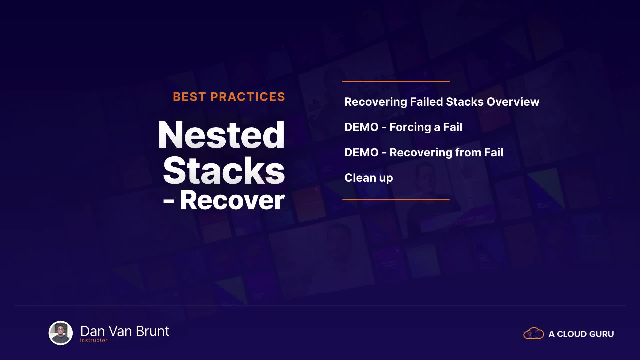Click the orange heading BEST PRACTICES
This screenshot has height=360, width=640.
pyautogui.click(x=229, y=97)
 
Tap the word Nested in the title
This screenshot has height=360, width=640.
pyautogui.click(x=221, y=135)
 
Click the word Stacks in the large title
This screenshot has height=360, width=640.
pyautogui.click(x=224, y=170)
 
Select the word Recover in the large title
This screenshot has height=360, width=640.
pyautogui.click(x=232, y=200)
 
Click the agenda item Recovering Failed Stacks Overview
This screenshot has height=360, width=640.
pyautogui.click(x=442, y=102)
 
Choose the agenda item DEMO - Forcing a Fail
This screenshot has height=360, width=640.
pyautogui.click(x=403, y=127)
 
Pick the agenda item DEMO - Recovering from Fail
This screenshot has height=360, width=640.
pyautogui.click(x=424, y=152)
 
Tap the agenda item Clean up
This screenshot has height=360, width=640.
pyautogui.click(x=369, y=178)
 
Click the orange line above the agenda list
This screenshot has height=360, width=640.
pyautogui.click(x=396, y=81)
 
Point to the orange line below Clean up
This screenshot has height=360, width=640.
pyautogui.click(x=396, y=200)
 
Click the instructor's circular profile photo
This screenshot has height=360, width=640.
pyautogui.click(x=61, y=333)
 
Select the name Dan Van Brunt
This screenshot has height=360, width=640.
pyautogui.click(x=125, y=331)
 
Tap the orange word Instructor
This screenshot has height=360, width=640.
pyautogui.click(x=94, y=340)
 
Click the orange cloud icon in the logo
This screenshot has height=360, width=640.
pyautogui.click(x=534, y=333)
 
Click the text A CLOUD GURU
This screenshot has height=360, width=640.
pyautogui.click(x=581, y=334)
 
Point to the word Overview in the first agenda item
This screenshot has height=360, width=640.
pyautogui.click(x=513, y=102)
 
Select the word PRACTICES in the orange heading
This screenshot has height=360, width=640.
pyautogui.click(x=248, y=97)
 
